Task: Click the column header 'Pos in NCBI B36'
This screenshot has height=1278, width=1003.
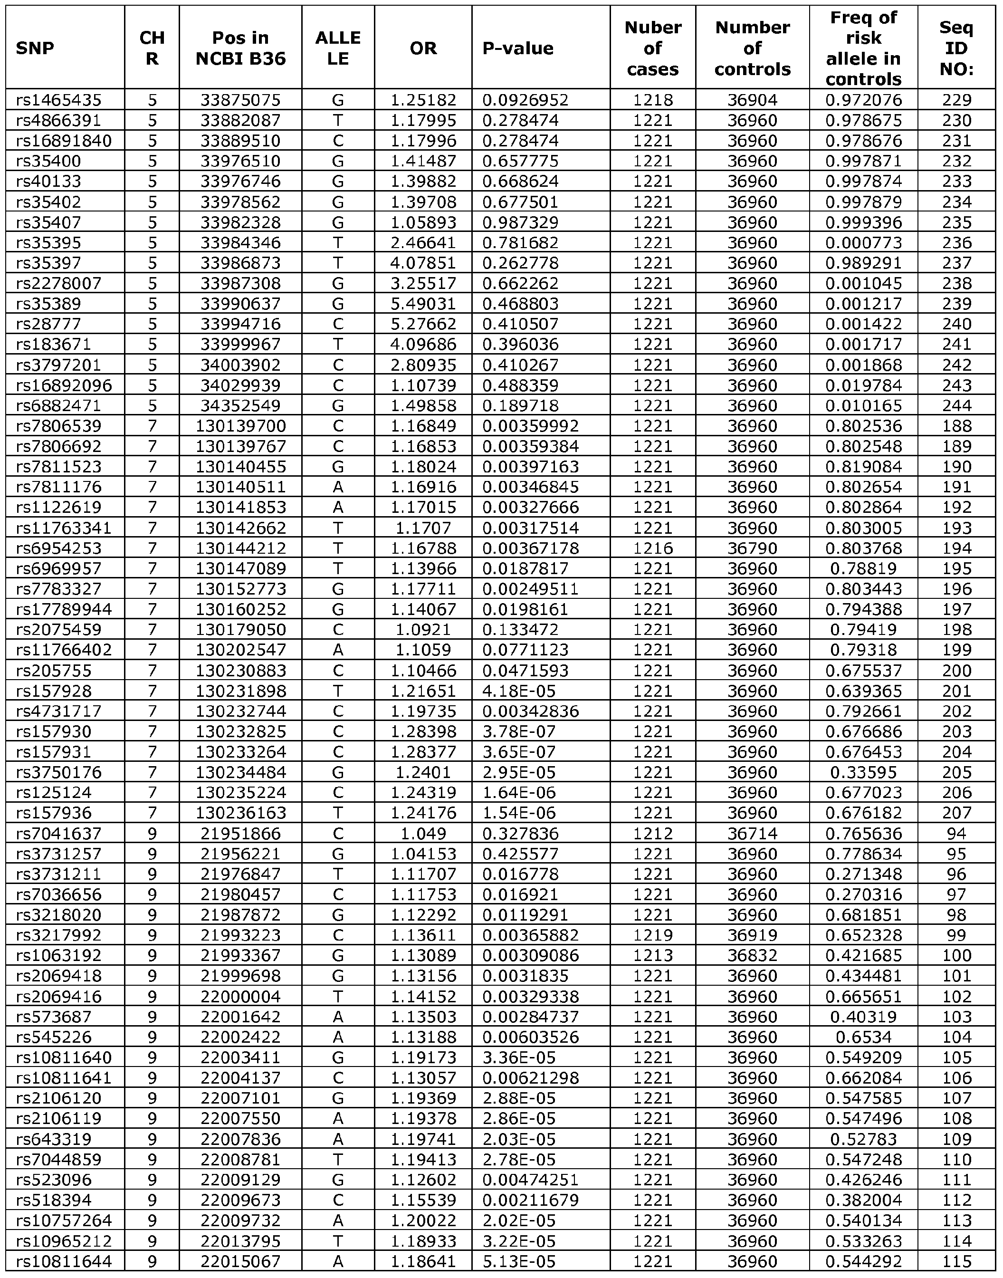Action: tap(240, 48)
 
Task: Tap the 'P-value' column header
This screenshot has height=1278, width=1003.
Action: tap(518, 48)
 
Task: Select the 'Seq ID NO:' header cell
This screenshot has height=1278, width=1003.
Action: tap(956, 48)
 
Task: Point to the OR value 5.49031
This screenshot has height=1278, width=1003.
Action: tap(423, 304)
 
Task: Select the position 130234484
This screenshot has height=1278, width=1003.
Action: tap(241, 772)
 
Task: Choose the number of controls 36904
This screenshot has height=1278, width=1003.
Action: tap(752, 100)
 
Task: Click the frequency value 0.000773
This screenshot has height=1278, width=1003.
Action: tap(863, 242)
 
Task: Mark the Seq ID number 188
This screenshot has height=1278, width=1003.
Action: tap(956, 426)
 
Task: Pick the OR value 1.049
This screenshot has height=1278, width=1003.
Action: tap(423, 834)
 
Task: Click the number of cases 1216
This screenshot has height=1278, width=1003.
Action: tap(652, 548)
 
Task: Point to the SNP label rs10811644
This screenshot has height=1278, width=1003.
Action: tap(63, 1261)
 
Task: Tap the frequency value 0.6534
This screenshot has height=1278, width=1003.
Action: tap(863, 1037)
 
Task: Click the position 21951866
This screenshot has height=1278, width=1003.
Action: tap(241, 834)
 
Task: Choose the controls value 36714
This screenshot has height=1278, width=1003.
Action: tap(752, 834)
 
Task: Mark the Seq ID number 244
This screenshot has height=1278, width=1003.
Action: tap(956, 405)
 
